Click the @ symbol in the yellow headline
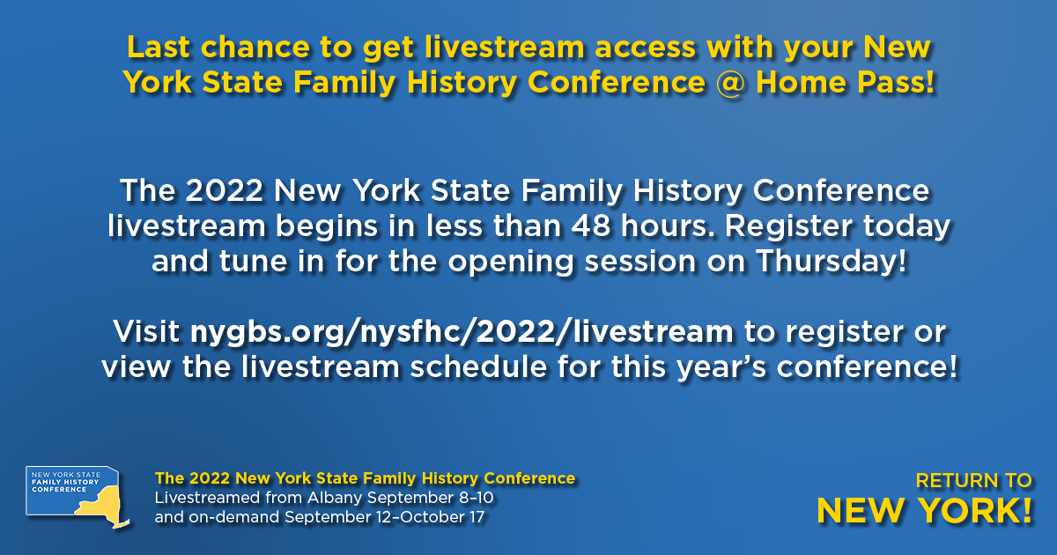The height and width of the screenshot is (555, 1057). pos(730,83)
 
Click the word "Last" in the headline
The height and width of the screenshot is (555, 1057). pos(158,48)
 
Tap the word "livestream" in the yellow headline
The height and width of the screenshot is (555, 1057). pos(505,48)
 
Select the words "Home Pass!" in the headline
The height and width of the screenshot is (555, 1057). pos(845,83)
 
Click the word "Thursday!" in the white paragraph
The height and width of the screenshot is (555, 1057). pos(832,262)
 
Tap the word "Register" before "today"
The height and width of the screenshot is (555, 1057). pos(788,227)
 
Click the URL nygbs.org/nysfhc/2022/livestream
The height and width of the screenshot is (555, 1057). pos(462,333)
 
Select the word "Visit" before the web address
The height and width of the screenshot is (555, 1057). pos(146,331)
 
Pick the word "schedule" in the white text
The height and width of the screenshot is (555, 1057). pos(478,367)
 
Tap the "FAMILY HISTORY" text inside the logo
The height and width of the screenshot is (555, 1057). pos(65,483)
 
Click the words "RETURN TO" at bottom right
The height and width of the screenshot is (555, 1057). pos(973,481)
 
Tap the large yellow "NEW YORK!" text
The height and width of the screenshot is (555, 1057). pos(924,511)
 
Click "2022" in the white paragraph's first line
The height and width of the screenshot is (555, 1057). pos(224,191)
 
